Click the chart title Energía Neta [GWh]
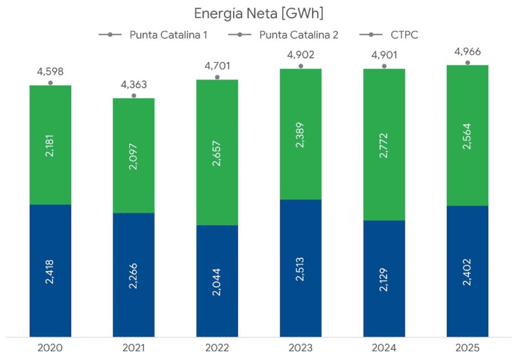click(258, 14)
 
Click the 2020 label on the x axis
click(50, 348)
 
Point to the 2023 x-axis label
click(300, 348)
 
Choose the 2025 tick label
click(467, 348)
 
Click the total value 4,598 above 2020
click(50, 72)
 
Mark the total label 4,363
click(134, 84)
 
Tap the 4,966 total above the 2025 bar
click(467, 52)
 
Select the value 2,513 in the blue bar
click(300, 268)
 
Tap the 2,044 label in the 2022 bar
click(217, 281)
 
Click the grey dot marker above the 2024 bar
click(384, 66)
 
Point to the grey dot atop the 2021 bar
click(134, 95)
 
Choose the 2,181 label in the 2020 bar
click(50, 145)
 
